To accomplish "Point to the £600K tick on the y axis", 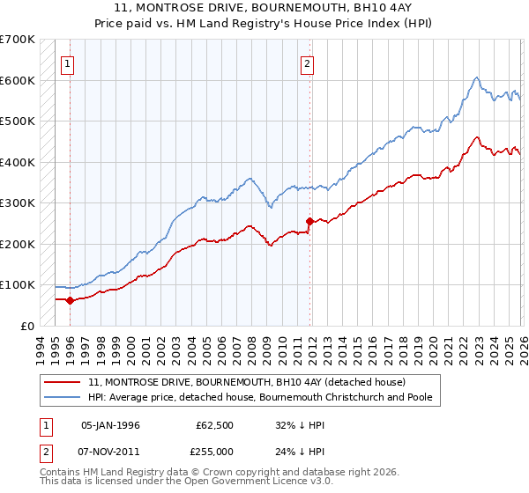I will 18,80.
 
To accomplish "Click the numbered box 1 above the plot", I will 69,63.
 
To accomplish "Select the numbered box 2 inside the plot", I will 307,63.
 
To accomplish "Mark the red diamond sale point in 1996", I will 70,300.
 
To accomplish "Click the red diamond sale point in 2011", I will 309,221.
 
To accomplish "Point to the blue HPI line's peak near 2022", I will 475,77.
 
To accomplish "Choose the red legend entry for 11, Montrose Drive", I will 246,383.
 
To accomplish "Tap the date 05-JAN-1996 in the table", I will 110,425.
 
